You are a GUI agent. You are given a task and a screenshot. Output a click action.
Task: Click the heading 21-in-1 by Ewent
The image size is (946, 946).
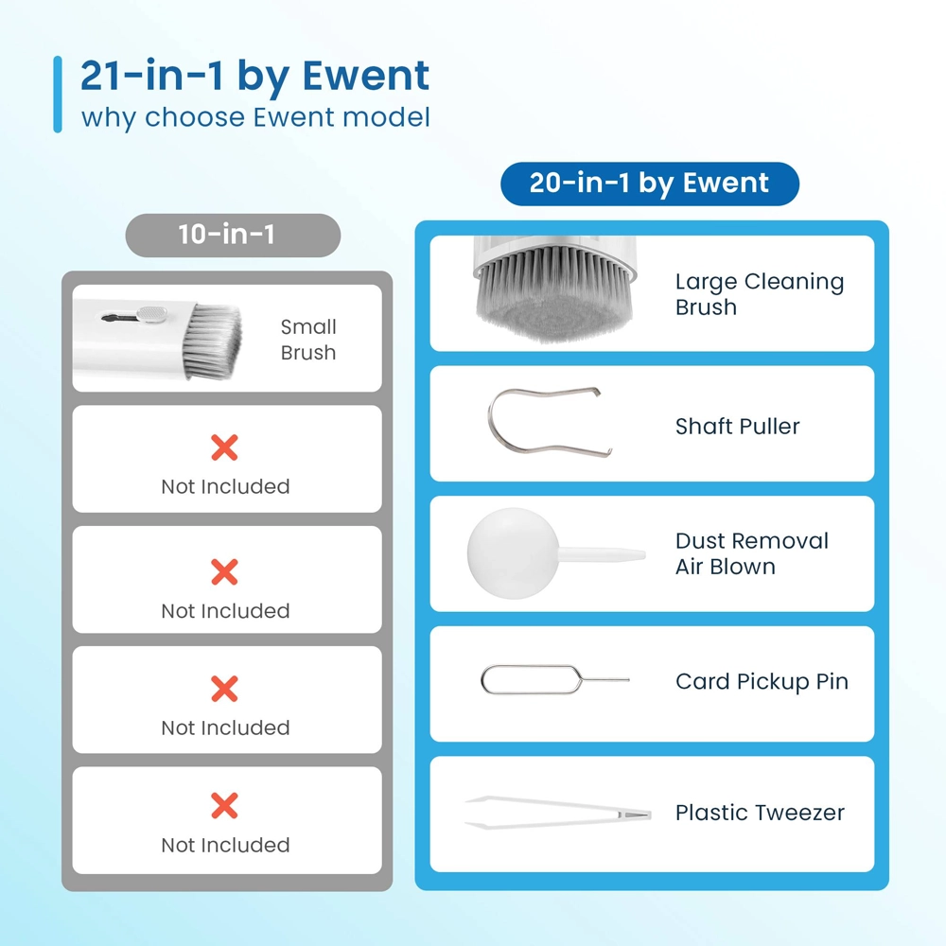(254, 76)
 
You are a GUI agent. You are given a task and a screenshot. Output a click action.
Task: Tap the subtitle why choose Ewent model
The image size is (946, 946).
(255, 117)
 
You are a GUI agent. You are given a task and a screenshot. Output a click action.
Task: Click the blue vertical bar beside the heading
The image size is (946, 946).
(58, 94)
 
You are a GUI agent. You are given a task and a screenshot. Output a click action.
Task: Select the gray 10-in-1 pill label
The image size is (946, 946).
(233, 235)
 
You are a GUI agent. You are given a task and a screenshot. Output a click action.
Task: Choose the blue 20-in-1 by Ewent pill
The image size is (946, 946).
(650, 184)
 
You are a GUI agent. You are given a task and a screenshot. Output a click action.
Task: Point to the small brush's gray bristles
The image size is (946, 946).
(212, 342)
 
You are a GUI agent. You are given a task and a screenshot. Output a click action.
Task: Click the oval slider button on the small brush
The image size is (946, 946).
(151, 314)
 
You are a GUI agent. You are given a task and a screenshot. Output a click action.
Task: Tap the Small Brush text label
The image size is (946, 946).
(308, 339)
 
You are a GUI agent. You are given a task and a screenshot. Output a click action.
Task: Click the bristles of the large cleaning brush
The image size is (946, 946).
(553, 295)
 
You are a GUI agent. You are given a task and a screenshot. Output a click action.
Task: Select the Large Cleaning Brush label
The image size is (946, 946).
(760, 294)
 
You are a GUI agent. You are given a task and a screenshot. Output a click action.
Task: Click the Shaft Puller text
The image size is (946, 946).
(737, 426)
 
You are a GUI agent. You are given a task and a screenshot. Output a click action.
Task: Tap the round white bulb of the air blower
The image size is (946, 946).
(513, 553)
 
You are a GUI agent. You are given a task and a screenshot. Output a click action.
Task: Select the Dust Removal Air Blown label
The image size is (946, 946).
(752, 553)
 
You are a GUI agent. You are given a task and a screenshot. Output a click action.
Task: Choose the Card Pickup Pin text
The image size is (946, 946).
(762, 682)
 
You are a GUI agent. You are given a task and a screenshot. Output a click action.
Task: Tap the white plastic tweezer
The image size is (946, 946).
(558, 812)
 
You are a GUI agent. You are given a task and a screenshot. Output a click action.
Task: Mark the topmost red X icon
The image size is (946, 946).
(224, 447)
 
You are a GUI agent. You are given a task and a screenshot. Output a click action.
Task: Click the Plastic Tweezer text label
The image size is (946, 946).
(760, 813)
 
